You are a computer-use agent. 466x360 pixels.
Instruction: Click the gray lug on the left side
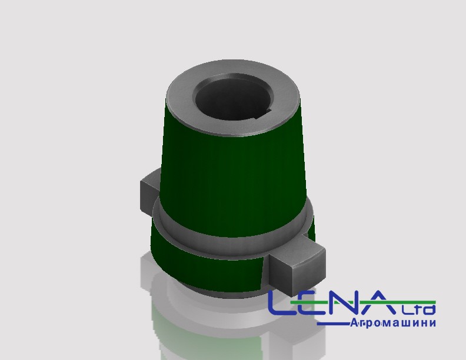pos(149,193)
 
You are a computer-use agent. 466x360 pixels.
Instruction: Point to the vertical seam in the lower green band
pos(262,274)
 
